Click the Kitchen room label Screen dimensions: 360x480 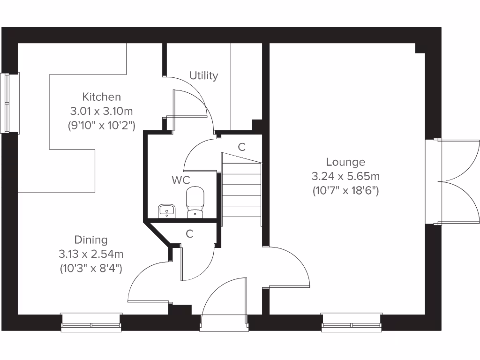[x=102, y=97]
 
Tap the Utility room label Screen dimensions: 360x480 [x=203, y=75]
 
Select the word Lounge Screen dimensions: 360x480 [x=345, y=162]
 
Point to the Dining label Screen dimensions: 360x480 [x=91, y=240]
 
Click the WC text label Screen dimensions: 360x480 [x=181, y=180]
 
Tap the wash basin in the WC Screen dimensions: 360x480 [x=166, y=211]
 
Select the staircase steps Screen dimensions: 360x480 [x=241, y=190]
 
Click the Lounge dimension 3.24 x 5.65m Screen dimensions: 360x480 [x=345, y=176]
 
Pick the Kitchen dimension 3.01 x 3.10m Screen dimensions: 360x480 [x=102, y=111]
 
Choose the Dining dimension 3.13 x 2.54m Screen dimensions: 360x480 [x=91, y=254]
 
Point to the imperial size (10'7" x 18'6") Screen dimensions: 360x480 [x=345, y=191]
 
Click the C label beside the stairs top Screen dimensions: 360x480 [x=241, y=147]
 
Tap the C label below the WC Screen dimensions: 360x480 [x=189, y=233]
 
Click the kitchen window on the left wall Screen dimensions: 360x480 [x=9, y=103]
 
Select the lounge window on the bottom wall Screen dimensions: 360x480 [x=352, y=322]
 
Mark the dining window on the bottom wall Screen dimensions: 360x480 [x=91, y=322]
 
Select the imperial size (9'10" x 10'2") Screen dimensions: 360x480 [x=102, y=125]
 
